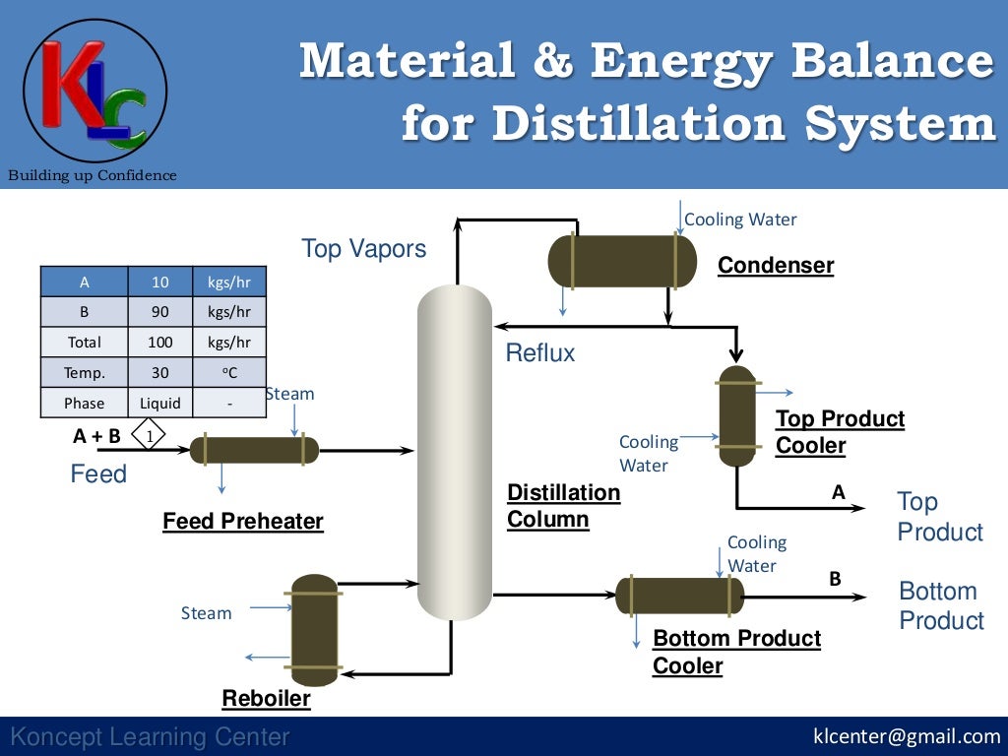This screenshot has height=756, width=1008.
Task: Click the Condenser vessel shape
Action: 621,261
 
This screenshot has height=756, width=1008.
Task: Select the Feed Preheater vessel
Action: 254,450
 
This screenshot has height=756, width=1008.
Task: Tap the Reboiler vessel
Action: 314,630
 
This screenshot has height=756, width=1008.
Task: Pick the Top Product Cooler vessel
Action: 736,416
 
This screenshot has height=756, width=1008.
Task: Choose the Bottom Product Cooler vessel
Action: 679,596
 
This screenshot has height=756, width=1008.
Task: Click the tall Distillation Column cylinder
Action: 454,453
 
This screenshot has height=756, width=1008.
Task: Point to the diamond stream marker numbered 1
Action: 148,434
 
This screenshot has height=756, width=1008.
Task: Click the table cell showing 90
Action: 159,312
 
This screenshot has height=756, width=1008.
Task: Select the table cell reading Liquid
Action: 159,403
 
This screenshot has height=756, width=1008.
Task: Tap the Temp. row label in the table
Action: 84,373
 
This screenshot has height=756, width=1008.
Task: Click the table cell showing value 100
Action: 159,343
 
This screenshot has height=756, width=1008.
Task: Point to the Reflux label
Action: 540,353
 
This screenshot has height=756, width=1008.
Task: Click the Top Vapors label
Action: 364,249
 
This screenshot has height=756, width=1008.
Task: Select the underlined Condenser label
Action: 776,265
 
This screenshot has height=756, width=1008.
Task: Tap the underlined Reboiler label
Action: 266,699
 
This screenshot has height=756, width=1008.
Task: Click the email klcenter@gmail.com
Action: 907,736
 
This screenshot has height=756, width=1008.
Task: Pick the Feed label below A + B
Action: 98,474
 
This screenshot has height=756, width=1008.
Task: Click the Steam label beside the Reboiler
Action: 207,613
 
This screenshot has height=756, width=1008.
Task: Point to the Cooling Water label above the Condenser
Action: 740,220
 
